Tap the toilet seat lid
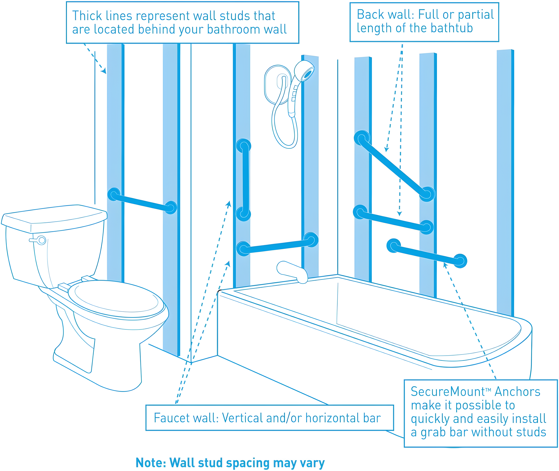click(116, 299)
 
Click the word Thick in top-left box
click(87, 16)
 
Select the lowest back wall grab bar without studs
click(427, 254)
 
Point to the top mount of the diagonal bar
click(362, 138)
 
